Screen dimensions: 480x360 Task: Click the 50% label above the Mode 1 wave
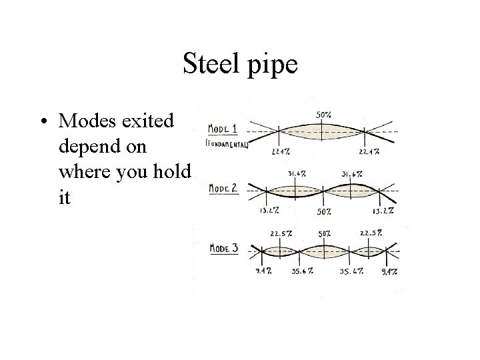tap(323, 115)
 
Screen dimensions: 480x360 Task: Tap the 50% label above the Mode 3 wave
tap(325, 234)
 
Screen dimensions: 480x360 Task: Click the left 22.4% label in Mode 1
tap(281, 151)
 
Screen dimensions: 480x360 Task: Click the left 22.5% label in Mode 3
tap(280, 234)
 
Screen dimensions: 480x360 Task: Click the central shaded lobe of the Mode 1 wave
tap(323, 133)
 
